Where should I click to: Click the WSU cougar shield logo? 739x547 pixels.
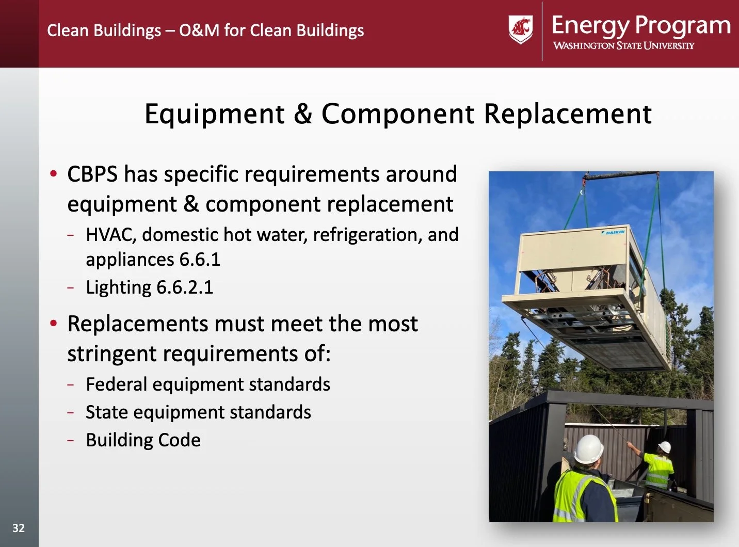click(520, 29)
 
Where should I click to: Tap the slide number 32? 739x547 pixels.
click(19, 528)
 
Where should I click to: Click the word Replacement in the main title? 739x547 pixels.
click(568, 114)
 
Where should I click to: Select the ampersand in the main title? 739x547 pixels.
click(303, 114)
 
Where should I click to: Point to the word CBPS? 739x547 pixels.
click(92, 174)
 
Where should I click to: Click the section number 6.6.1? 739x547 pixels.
click(200, 259)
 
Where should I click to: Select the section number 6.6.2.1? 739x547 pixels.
click(185, 287)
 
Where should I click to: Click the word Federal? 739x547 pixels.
click(117, 384)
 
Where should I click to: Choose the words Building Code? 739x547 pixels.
click(143, 440)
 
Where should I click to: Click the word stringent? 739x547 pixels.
click(111, 354)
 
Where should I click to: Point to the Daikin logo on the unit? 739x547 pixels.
click(613, 232)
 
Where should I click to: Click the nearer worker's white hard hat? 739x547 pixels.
click(589, 449)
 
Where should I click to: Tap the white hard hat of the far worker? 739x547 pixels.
click(665, 446)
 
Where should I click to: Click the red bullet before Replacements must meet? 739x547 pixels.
click(53, 323)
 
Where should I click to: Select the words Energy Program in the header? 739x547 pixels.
click(641, 25)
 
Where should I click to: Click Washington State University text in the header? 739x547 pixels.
click(624, 45)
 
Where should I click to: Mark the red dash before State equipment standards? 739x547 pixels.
click(70, 412)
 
